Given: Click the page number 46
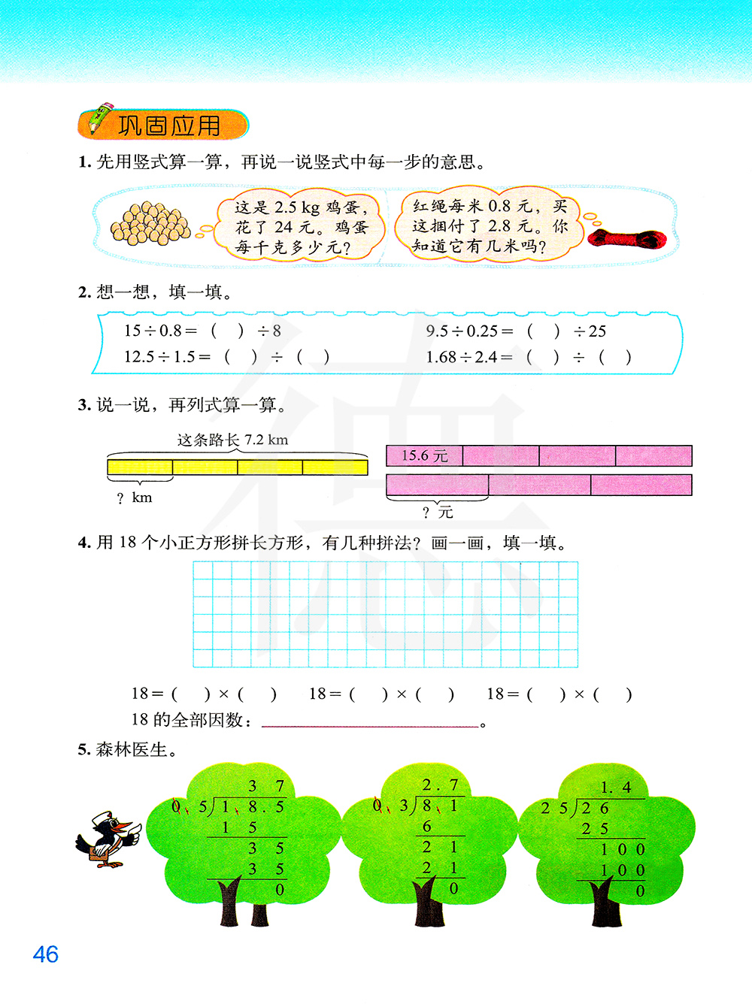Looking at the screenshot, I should (x=46, y=954).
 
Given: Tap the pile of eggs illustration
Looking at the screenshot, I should (x=150, y=224).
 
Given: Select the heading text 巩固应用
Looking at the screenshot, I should (x=170, y=126).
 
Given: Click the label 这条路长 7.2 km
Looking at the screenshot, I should (x=232, y=440).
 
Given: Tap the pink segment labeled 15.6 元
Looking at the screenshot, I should (x=424, y=455).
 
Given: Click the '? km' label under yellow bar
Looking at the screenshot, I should (x=135, y=497).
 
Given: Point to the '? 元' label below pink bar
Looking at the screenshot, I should (x=438, y=513).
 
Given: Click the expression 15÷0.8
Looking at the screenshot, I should (x=153, y=331).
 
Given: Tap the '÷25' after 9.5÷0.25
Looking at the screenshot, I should (x=590, y=331).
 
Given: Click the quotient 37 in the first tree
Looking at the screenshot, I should (x=266, y=786).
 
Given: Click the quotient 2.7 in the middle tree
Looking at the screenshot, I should (x=441, y=785).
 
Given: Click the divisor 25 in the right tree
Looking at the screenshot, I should (x=554, y=809).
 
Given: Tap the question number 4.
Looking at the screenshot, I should (x=83, y=543).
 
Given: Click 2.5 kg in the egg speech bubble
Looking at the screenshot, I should (x=297, y=207).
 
